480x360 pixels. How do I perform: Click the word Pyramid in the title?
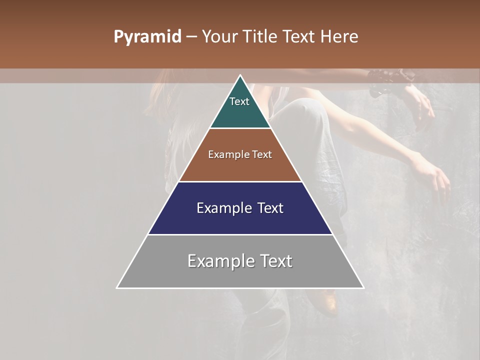point(147,37)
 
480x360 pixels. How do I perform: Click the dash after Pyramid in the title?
point(191,37)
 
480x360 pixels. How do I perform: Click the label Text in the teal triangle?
point(239,101)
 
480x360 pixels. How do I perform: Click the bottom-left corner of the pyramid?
point(117,288)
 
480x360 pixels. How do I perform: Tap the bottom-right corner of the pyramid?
point(363,288)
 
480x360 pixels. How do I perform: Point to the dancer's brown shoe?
point(327,302)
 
